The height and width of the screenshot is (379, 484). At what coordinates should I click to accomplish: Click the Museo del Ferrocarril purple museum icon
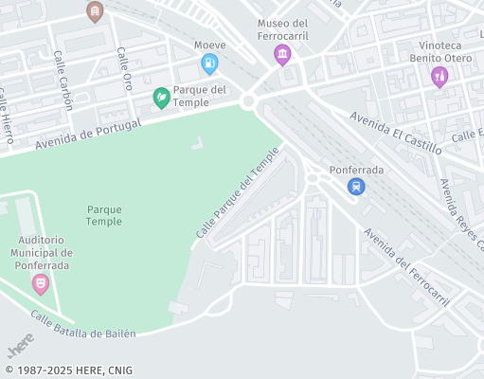tap(282, 56)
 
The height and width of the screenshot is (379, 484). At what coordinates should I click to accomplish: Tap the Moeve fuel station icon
tap(209, 64)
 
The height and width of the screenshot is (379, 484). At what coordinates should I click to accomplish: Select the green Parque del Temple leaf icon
tap(162, 97)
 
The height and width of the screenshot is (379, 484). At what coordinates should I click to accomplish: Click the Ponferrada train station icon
tap(356, 187)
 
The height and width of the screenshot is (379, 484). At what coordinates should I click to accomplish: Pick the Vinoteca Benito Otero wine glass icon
tap(439, 77)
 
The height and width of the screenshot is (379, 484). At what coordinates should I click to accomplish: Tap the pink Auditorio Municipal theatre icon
tap(41, 282)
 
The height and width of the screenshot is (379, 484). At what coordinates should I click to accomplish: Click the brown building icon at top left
tap(94, 11)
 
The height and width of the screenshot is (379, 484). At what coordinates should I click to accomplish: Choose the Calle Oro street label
tap(125, 68)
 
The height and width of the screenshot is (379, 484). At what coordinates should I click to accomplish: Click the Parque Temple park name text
tap(104, 214)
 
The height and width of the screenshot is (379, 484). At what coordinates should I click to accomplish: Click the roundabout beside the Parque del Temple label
tap(250, 101)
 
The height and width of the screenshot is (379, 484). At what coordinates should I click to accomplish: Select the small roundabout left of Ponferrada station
tap(313, 177)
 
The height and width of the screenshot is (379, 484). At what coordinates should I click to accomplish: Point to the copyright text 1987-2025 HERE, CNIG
tap(68, 370)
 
